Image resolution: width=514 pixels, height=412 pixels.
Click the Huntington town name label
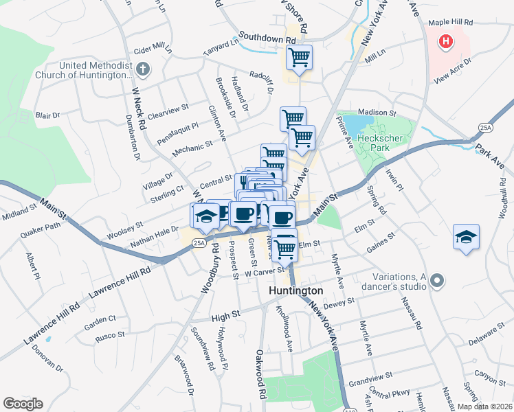point(295,290)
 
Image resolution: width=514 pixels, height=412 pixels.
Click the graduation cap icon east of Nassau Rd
point(466,237)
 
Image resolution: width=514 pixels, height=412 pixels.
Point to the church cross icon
point(142,69)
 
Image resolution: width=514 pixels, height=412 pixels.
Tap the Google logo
point(23,403)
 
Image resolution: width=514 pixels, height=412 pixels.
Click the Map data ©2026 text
point(484,407)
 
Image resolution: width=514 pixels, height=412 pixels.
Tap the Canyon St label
point(485,376)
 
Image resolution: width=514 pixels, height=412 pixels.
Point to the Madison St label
point(377,113)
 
